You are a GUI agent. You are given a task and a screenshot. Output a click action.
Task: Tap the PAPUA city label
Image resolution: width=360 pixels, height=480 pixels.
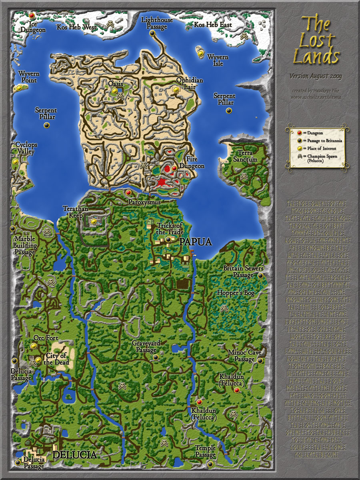(x=195, y=242)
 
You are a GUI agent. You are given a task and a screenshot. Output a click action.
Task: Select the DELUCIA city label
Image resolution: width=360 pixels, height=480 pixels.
(x=74, y=455)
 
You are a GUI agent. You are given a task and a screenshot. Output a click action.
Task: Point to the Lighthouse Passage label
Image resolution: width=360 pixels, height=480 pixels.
(x=157, y=23)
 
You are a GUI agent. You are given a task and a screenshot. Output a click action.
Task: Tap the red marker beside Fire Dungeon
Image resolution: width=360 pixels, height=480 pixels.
(x=174, y=168)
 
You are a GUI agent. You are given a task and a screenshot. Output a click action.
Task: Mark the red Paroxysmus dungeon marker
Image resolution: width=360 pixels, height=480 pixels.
(x=128, y=193)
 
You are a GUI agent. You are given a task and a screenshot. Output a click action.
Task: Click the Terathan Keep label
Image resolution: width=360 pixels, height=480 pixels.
(x=75, y=212)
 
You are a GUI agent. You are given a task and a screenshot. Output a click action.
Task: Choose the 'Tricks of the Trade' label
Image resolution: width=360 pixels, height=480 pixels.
(x=170, y=229)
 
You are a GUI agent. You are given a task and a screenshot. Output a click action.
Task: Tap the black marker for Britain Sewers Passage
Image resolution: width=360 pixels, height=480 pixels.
(x=260, y=276)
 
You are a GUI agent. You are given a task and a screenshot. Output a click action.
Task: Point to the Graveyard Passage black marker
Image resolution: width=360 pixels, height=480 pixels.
(x=156, y=357)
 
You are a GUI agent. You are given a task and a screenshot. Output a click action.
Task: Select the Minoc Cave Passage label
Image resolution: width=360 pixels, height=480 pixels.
(x=244, y=356)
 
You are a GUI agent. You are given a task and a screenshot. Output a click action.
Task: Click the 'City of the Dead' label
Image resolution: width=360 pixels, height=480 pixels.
(x=55, y=359)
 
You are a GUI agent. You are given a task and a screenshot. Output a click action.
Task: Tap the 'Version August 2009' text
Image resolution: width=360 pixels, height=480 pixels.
(x=316, y=76)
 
